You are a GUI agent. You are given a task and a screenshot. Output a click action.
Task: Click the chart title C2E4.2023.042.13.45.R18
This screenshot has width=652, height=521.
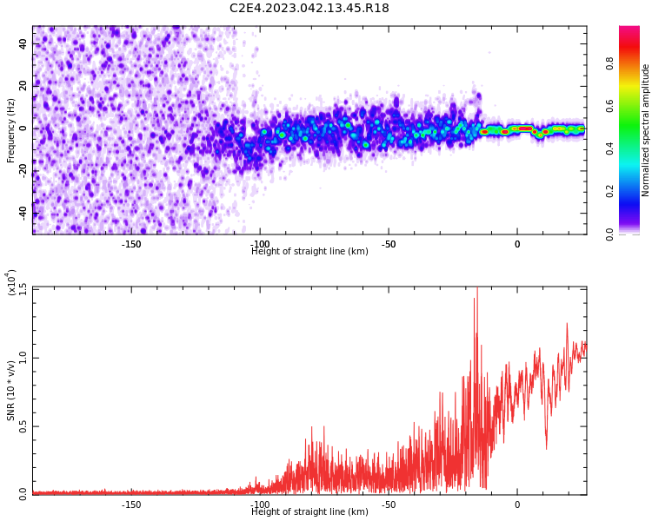click(309, 9)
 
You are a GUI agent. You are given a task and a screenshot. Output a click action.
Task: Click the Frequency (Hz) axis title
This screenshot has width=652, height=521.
click(11, 130)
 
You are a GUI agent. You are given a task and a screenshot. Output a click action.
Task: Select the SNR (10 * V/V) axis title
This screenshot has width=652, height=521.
click(11, 391)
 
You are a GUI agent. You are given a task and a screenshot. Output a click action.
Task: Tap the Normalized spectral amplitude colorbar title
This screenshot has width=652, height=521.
click(646, 130)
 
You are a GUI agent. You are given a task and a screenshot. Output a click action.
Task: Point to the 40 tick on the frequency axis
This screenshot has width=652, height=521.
click(23, 44)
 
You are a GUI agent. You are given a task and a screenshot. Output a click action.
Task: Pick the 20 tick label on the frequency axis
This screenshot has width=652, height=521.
click(23, 86)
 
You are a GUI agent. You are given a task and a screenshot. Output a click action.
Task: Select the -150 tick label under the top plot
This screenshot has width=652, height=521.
click(130, 244)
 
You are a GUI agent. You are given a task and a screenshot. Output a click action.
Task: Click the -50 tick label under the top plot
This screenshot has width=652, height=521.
click(388, 244)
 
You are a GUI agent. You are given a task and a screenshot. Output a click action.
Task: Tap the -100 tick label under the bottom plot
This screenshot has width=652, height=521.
click(259, 505)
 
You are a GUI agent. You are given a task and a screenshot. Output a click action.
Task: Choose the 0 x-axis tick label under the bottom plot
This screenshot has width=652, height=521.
click(516, 505)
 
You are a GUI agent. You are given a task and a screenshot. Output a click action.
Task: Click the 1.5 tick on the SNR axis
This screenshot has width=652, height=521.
click(23, 288)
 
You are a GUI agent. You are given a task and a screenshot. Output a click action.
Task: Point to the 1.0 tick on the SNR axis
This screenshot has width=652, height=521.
click(23, 357)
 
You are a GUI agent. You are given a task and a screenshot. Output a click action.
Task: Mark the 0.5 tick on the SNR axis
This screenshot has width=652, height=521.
click(23, 425)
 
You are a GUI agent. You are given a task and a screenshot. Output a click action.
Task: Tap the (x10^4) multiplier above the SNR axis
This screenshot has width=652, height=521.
click(12, 283)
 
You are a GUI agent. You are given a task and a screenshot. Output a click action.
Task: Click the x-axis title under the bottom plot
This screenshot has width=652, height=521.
click(309, 512)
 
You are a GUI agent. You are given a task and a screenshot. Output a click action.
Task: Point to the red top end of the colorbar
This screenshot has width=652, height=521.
click(629, 30)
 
